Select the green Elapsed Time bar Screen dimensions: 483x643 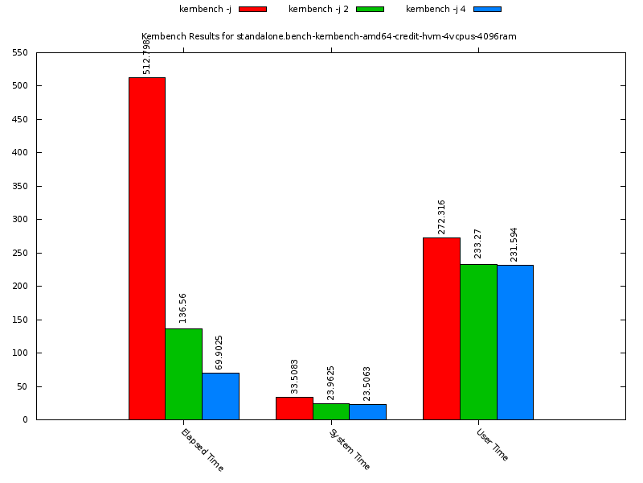click(183, 374)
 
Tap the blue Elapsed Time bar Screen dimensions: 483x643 click(220, 396)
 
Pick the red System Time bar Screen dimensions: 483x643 click(294, 408)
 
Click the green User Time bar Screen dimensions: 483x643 click(478, 341)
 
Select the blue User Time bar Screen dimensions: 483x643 click(515, 342)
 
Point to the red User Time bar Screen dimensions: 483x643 click(441, 328)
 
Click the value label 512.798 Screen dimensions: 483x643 click(147, 56)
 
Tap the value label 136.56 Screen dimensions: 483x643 click(183, 308)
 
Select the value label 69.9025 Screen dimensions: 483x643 click(220, 352)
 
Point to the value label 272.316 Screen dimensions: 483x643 click(441, 217)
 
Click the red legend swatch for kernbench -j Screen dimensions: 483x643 click(252, 9)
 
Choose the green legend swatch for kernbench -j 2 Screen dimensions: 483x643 click(370, 9)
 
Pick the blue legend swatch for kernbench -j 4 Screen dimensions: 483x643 click(487, 9)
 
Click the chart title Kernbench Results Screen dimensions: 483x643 click(329, 36)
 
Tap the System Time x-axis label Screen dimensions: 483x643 click(350, 449)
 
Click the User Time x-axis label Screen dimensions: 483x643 click(493, 444)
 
